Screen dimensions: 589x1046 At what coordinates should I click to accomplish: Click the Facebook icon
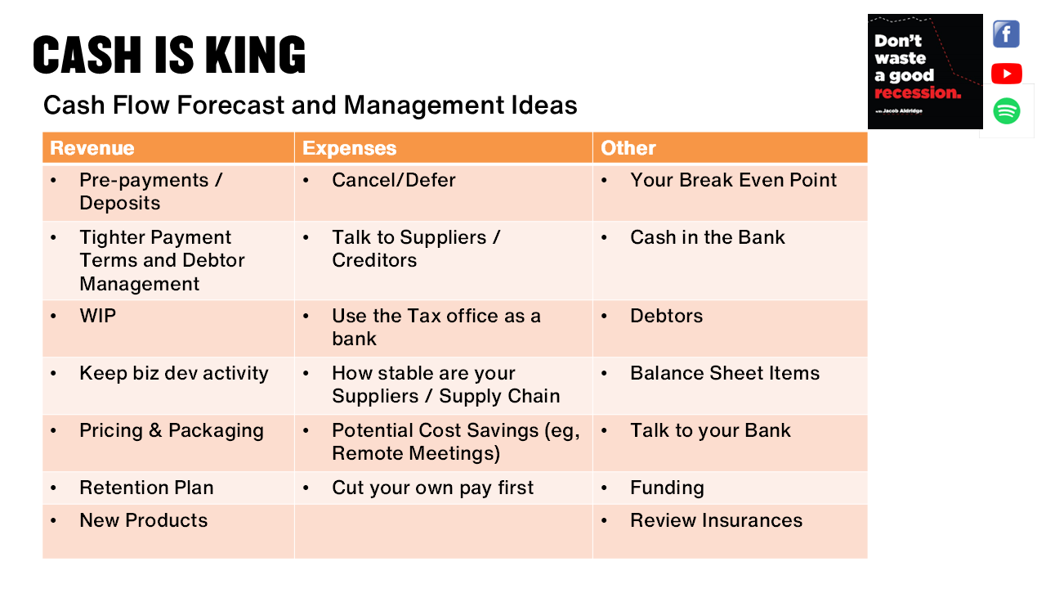click(1006, 34)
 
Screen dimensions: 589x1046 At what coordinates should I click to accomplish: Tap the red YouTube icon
click(1006, 74)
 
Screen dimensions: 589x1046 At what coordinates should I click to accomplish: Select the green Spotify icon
click(1006, 110)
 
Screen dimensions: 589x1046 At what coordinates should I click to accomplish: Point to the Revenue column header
click(92, 148)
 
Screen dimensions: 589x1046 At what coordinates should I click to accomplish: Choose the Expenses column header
click(349, 148)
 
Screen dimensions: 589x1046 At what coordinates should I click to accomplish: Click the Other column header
click(628, 148)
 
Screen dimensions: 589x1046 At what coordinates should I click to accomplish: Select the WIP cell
click(97, 316)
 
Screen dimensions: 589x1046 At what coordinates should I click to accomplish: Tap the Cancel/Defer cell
click(393, 180)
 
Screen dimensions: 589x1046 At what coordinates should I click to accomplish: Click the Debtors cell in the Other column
click(666, 316)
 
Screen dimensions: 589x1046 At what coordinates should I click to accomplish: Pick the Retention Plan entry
click(146, 488)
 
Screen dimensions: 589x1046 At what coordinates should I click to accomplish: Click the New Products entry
click(143, 520)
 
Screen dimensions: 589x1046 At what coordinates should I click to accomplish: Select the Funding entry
click(667, 488)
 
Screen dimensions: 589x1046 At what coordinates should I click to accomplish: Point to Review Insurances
click(716, 520)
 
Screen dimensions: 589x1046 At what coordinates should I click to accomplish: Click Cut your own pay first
click(432, 488)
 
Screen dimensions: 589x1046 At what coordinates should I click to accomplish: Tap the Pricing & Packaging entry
click(171, 430)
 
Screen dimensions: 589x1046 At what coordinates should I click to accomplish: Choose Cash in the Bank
click(707, 237)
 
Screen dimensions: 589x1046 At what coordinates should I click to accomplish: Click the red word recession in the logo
click(917, 92)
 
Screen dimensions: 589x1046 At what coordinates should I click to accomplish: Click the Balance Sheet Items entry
click(724, 373)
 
